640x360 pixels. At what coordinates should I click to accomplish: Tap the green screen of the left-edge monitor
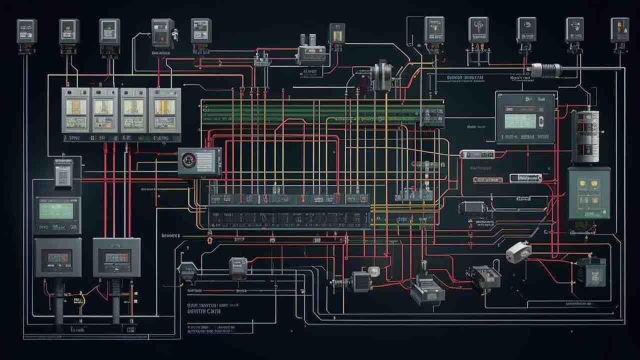point(56,211)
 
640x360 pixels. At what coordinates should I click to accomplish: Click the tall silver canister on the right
point(585,136)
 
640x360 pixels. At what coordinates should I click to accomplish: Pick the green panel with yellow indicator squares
point(589,193)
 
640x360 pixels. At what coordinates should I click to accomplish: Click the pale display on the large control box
point(519,120)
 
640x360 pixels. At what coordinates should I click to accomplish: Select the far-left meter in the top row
point(26,31)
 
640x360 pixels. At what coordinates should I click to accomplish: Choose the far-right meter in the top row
point(619,30)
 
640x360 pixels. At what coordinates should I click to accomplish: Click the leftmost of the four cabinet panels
point(75,110)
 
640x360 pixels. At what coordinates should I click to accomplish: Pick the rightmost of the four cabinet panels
point(164,110)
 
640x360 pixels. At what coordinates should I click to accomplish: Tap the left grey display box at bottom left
point(57,257)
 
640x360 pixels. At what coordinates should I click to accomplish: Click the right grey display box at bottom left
point(116,257)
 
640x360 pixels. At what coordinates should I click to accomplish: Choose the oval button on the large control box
point(540,121)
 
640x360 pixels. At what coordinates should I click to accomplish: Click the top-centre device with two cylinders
point(310,51)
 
